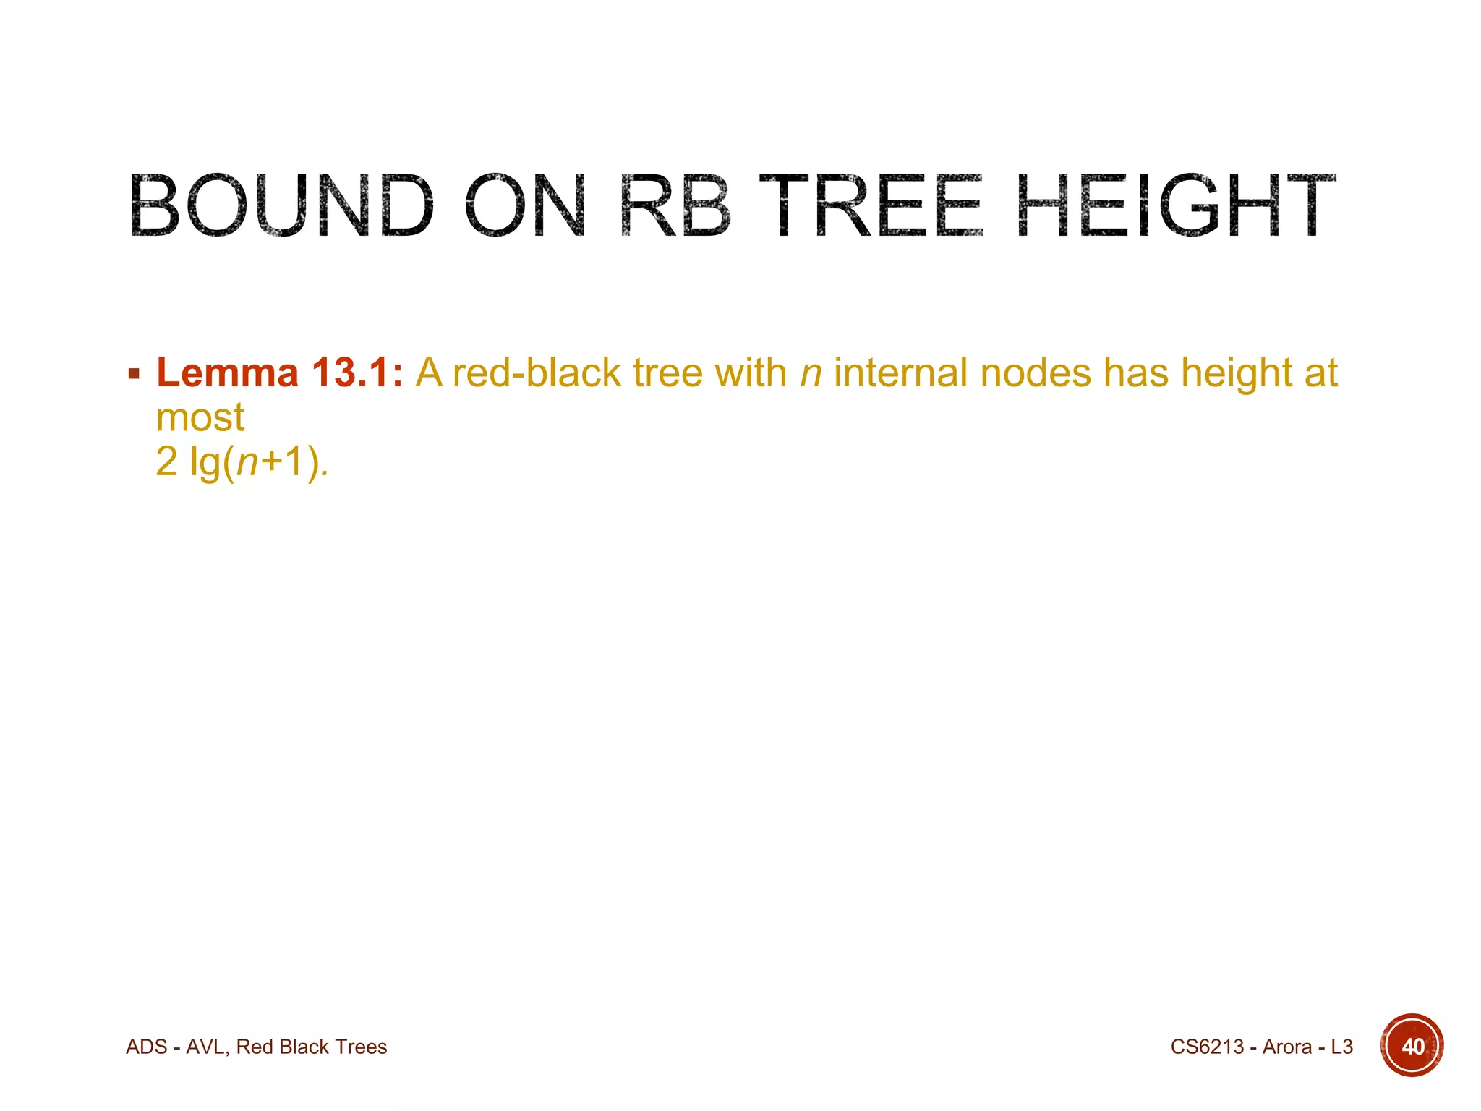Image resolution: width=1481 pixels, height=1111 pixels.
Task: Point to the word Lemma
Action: (x=227, y=373)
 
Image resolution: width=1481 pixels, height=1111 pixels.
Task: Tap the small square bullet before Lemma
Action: (x=134, y=375)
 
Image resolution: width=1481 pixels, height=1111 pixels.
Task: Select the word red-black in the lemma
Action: (x=537, y=373)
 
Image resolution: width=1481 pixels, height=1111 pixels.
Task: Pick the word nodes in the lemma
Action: (x=1036, y=373)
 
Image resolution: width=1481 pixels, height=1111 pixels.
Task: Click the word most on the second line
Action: (x=200, y=417)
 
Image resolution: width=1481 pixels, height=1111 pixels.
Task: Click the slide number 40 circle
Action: (x=1412, y=1046)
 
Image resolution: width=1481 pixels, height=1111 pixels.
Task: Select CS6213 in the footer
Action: (x=1207, y=1047)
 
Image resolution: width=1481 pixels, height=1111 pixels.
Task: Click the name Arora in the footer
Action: (x=1286, y=1047)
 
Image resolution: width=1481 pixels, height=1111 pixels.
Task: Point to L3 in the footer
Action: (x=1341, y=1047)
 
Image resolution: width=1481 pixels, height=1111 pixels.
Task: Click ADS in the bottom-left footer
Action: (x=147, y=1047)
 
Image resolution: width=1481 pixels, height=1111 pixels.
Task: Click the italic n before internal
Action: (x=811, y=375)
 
